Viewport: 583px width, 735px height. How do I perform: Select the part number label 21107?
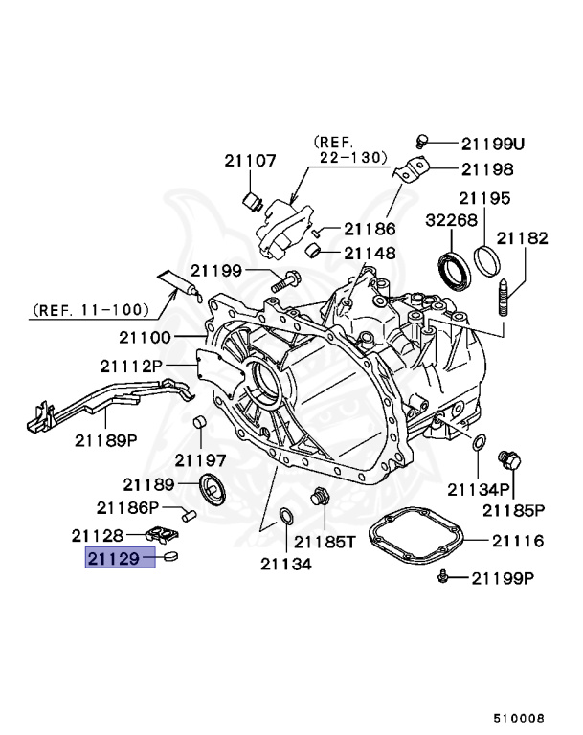coord(252,161)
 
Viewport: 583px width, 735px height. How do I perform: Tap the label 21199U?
coord(493,144)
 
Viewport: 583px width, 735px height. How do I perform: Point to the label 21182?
coord(522,238)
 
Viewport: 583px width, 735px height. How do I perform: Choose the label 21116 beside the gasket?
coord(518,541)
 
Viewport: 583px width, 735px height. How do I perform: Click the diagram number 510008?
coord(519,717)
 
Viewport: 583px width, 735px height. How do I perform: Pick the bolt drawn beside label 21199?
coord(286,280)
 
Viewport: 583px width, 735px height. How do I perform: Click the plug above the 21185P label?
coord(512,461)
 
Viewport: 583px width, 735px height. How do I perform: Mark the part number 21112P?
coord(132,366)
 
